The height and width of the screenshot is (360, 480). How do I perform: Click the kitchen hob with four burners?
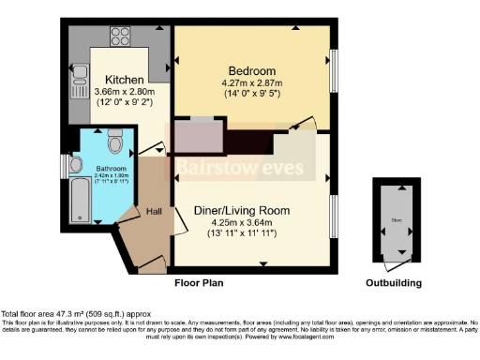click(120, 38)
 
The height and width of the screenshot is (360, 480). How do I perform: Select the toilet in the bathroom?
click(114, 142)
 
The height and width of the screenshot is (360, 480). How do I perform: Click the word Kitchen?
click(124, 79)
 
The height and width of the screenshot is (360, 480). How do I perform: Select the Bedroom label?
click(252, 71)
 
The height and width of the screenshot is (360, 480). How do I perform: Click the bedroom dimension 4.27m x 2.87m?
click(252, 83)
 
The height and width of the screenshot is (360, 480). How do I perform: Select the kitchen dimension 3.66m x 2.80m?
click(125, 91)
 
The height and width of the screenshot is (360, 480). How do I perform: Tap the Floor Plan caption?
click(199, 281)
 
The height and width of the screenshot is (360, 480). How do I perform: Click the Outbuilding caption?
click(393, 282)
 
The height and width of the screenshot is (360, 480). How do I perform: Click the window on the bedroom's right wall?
click(334, 71)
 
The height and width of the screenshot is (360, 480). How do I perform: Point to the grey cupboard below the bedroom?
click(198, 136)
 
